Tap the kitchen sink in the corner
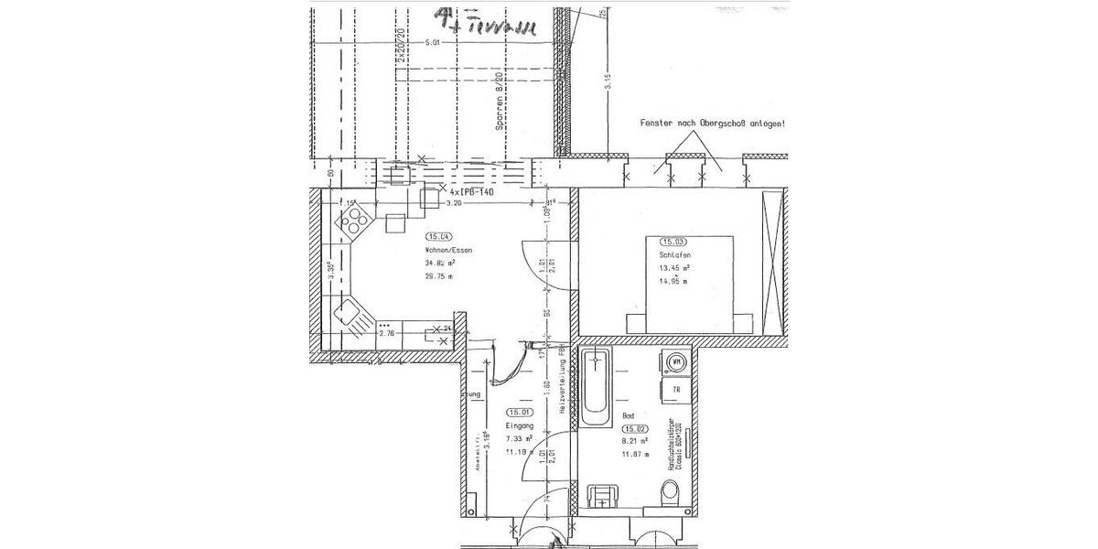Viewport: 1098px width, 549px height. point(350,316)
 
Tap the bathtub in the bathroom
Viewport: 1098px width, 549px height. point(597,386)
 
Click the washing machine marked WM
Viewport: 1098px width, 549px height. point(677,361)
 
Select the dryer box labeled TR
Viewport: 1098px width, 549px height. point(677,390)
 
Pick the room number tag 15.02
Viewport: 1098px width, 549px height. point(636,428)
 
